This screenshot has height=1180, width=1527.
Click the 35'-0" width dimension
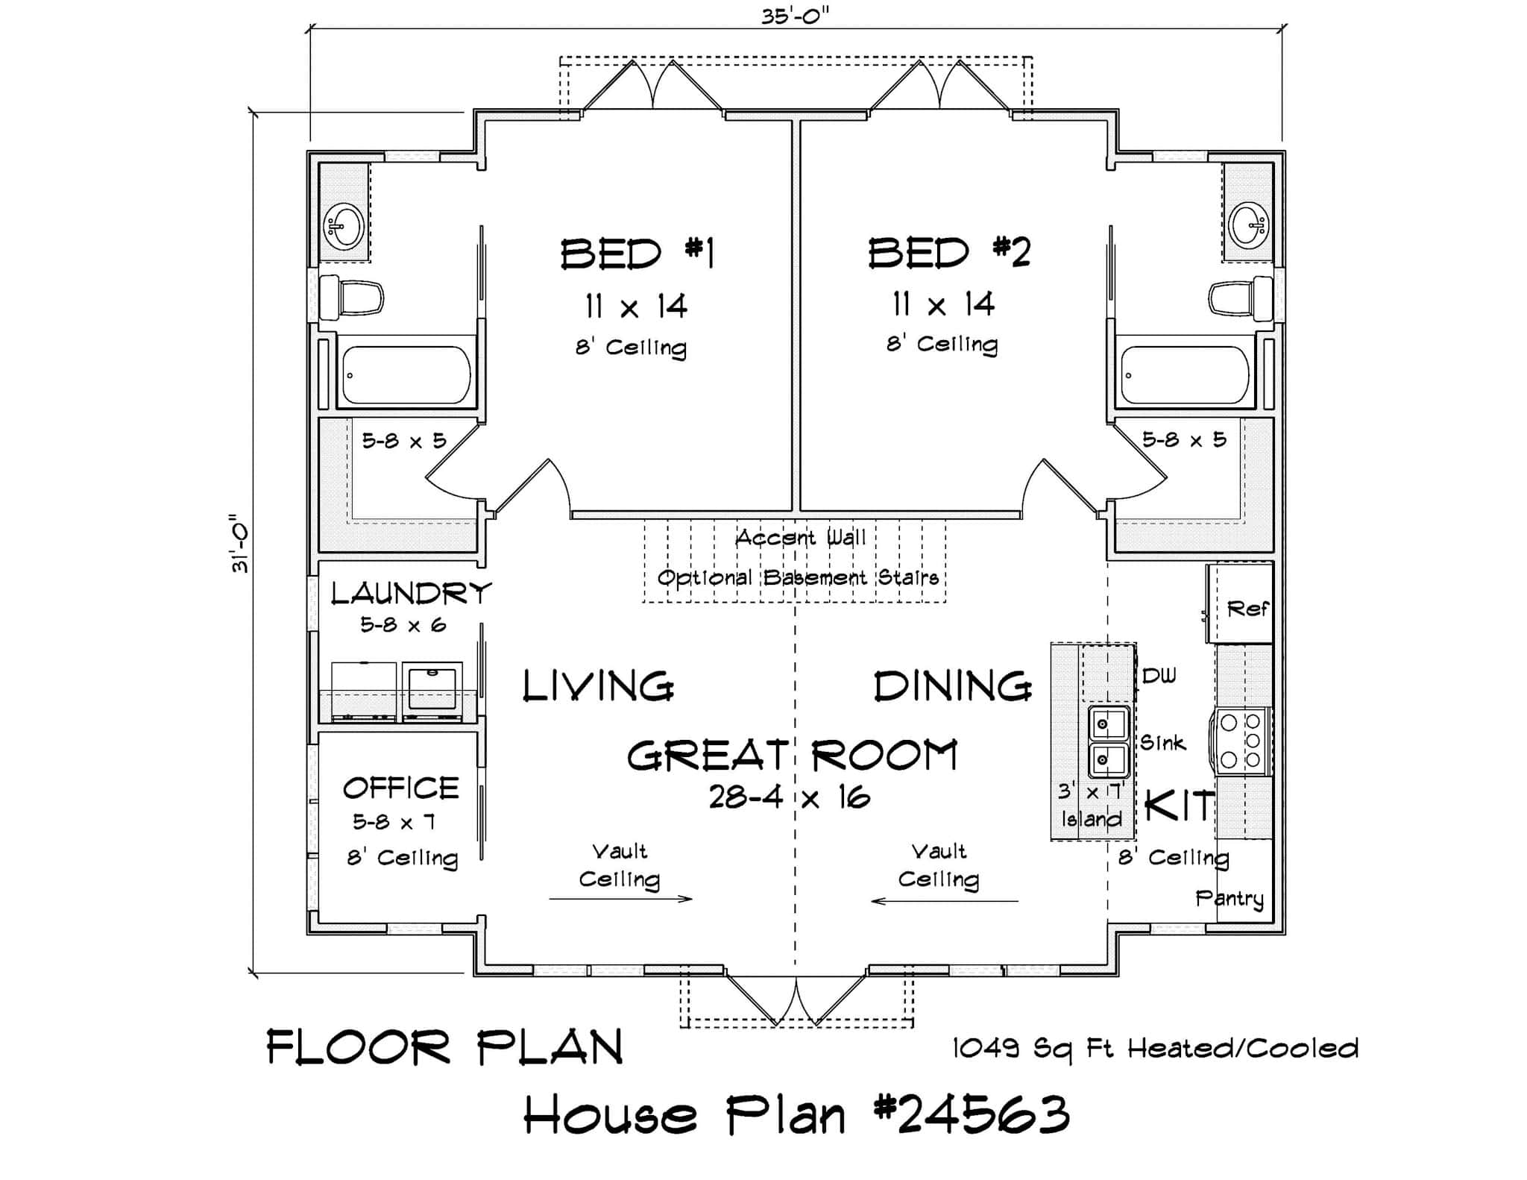coord(795,16)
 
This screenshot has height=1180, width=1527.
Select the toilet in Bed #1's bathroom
coord(351,298)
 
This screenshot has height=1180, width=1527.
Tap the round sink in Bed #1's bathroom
coord(344,224)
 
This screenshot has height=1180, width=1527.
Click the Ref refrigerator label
coord(1247,609)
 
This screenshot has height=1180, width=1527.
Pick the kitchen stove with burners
coord(1240,741)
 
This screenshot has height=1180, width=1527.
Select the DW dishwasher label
coord(1159,675)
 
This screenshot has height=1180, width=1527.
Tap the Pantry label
coord(1229,898)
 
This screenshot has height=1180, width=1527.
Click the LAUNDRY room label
coord(411,594)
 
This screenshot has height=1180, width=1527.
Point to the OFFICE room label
coord(400,788)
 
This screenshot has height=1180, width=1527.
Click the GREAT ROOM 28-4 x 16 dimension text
coord(789,797)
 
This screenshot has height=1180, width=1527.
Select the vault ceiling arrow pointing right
coord(621,899)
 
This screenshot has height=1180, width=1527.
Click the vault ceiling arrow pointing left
coord(944,901)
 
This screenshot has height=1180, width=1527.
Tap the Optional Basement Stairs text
coord(797,577)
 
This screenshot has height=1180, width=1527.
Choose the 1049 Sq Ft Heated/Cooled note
coord(1155,1048)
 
